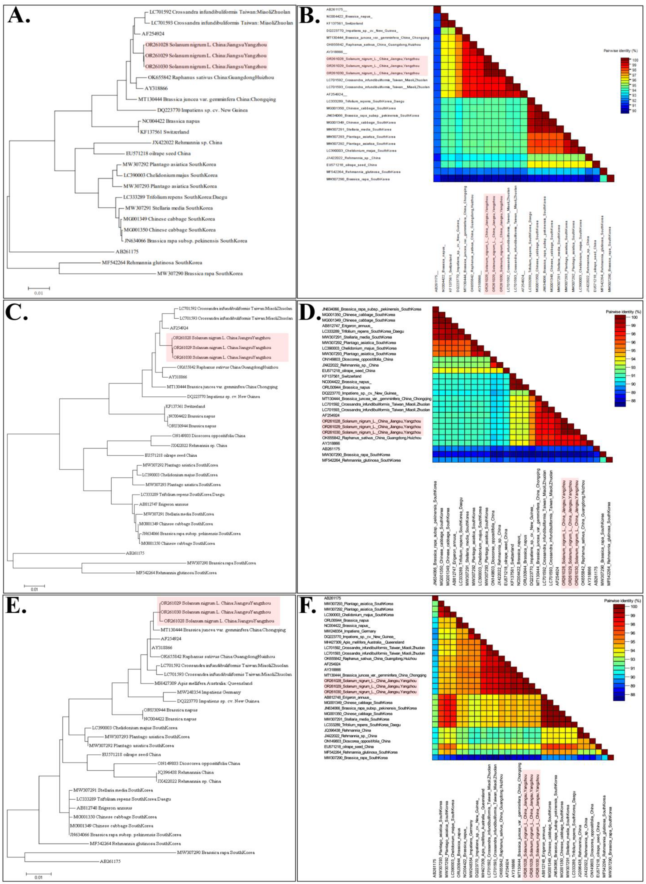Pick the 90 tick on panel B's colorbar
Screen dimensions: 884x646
(634, 111)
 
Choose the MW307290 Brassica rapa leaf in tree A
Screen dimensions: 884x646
(200, 273)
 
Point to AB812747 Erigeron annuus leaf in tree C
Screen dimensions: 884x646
(163, 504)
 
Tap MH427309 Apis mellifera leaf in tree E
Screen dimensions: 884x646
(203, 683)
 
